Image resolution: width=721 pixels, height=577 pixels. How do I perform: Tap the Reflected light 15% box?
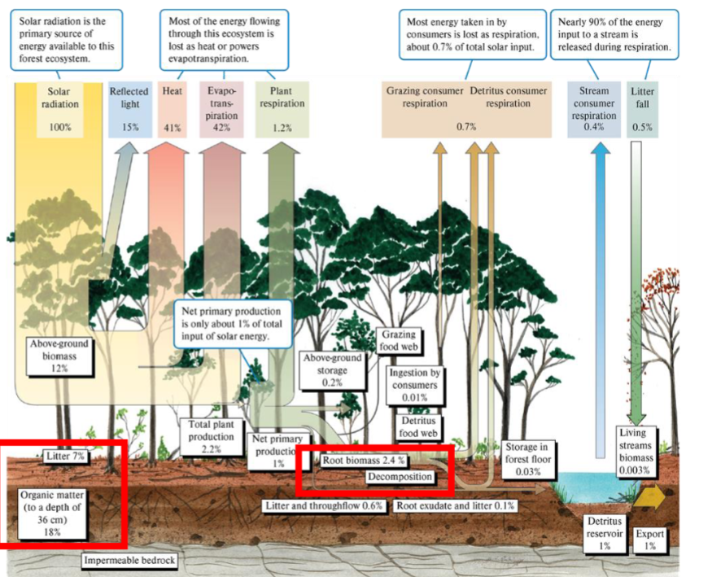[129, 109]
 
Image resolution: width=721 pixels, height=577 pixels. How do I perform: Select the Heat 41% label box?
[172, 109]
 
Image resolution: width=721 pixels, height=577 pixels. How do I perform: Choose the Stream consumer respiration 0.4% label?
[594, 109]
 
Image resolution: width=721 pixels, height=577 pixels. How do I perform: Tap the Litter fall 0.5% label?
[642, 109]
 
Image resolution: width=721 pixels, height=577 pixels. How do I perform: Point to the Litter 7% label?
[66, 457]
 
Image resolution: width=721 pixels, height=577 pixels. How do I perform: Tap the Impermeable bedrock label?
[129, 561]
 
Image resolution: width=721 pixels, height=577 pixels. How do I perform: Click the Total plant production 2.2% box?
[211, 436]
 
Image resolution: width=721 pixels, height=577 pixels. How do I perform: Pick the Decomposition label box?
[400, 477]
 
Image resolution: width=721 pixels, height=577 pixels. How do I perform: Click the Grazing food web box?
[398, 340]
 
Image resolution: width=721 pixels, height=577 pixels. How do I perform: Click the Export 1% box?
[650, 540]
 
